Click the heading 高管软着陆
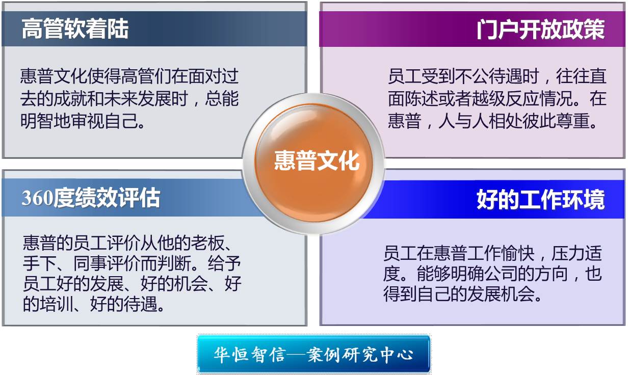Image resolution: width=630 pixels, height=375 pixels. coord(75,29)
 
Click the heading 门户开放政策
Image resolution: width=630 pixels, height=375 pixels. coord(540,29)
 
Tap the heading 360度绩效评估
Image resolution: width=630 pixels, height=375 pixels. coord(91,198)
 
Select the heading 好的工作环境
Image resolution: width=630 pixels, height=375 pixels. coord(540,199)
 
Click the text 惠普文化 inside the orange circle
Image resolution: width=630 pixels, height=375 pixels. coord(317,160)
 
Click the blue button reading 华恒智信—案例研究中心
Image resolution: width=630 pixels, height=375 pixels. coord(313,354)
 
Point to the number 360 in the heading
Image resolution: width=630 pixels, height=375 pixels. coord(37,198)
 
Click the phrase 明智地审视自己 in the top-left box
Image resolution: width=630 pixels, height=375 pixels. coord(78,121)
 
